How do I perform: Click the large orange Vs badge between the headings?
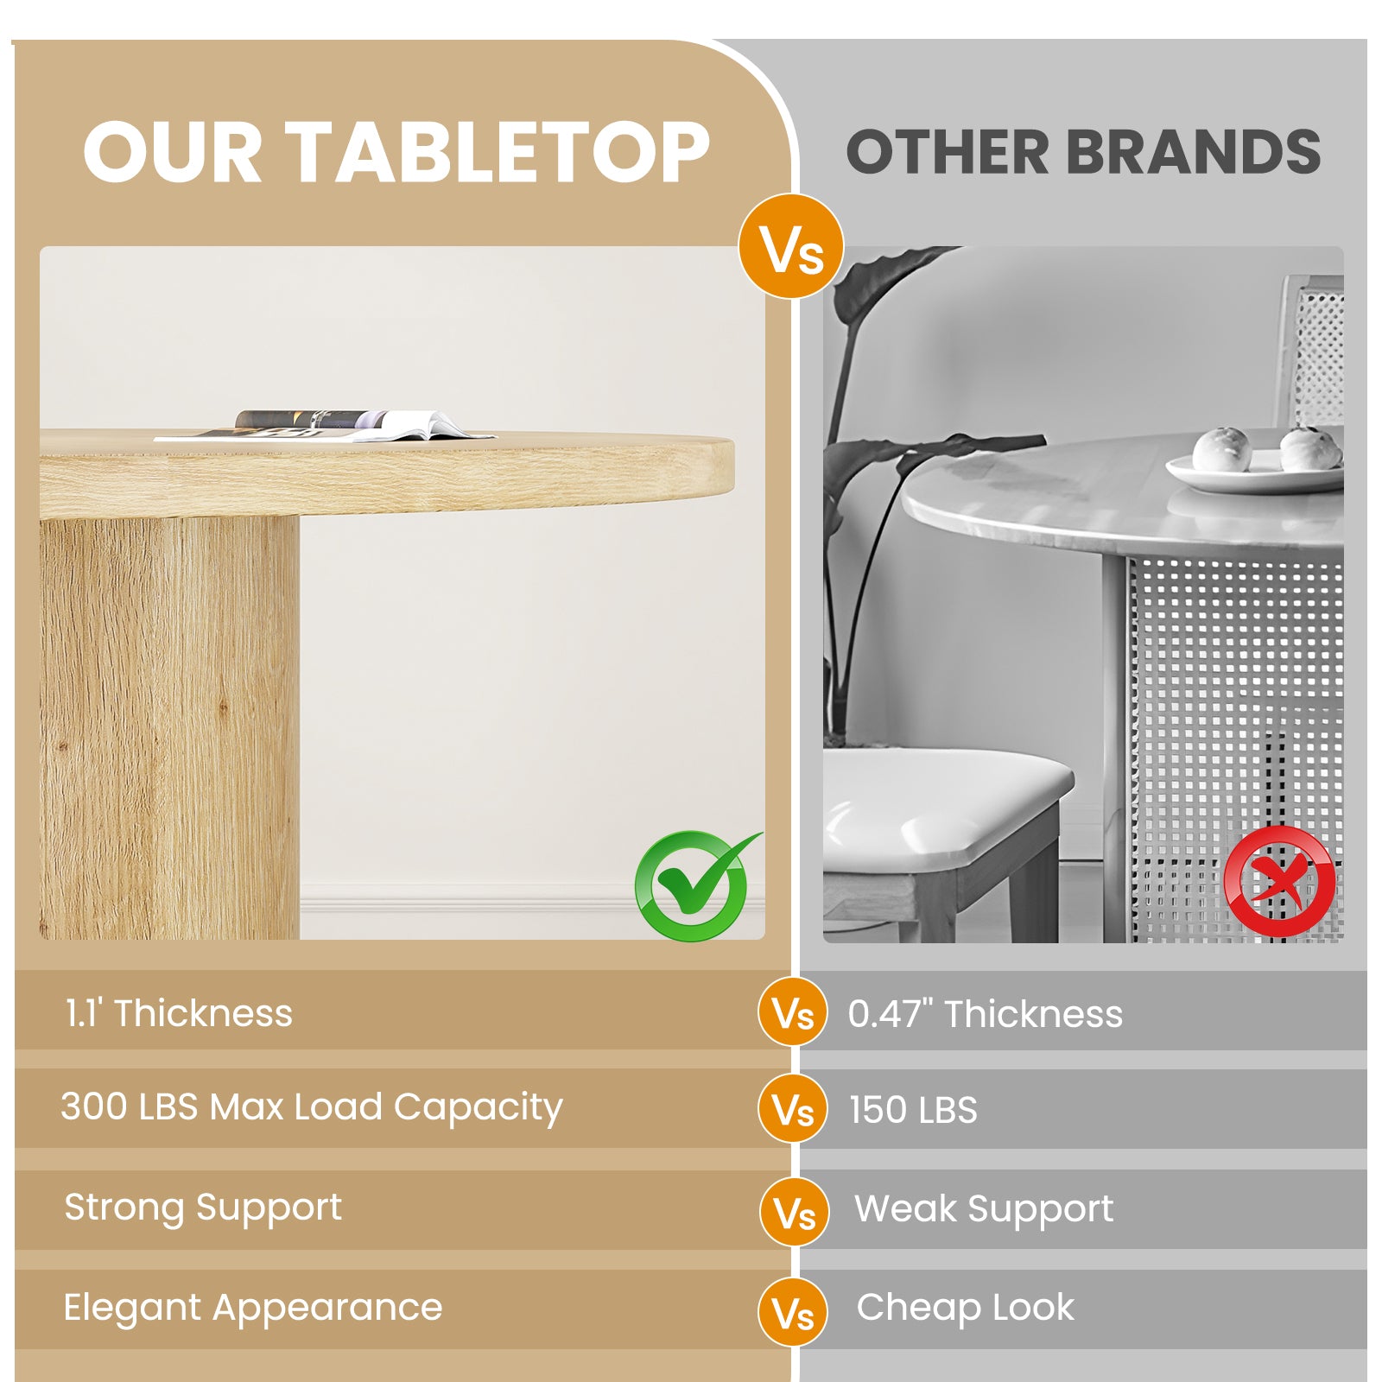[x=791, y=247]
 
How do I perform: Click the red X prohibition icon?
[x=1279, y=881]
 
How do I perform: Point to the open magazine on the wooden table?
[x=326, y=426]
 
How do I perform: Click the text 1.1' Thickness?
[x=179, y=1013]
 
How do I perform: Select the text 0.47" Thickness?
[x=985, y=1014]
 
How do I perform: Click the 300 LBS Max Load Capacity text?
[x=311, y=1107]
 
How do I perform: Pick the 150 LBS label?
[x=913, y=1110]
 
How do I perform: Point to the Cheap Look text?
[x=966, y=1309]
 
